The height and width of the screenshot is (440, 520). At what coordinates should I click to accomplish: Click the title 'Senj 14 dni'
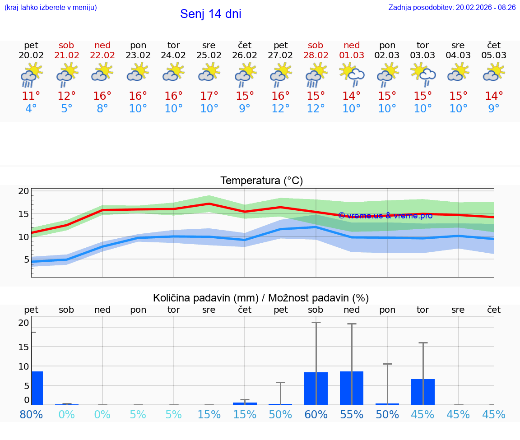pos(210,14)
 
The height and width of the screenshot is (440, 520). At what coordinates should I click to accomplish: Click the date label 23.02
pos(138,56)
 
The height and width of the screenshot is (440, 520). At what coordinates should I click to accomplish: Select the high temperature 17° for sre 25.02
pos(209,96)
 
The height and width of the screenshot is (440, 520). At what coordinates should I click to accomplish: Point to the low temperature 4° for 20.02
pos(31,109)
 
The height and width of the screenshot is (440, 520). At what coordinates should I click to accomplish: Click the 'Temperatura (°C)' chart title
pos(261,181)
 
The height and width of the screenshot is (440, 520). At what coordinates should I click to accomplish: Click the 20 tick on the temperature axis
pos(23,191)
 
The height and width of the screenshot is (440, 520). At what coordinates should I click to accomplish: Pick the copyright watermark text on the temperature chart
pos(385,216)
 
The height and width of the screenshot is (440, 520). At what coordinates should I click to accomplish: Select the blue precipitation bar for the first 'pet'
pos(37,388)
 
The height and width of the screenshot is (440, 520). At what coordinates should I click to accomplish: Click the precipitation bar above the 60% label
pos(316,389)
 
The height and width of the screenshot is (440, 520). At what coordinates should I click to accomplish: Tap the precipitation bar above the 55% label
pos(352,388)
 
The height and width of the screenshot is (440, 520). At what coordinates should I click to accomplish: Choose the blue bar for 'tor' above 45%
pos(422,392)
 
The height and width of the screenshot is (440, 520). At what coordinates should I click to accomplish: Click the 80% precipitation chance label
pos(31,414)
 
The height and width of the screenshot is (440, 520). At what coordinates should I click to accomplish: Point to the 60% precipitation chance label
pos(316,414)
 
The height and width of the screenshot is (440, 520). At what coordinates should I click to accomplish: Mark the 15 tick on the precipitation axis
pos(23,347)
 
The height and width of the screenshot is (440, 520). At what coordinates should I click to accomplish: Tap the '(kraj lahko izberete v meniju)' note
pos(51,8)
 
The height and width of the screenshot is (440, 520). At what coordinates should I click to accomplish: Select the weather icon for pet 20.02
pos(31,74)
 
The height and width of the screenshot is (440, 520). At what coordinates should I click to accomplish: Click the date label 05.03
pos(494,56)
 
